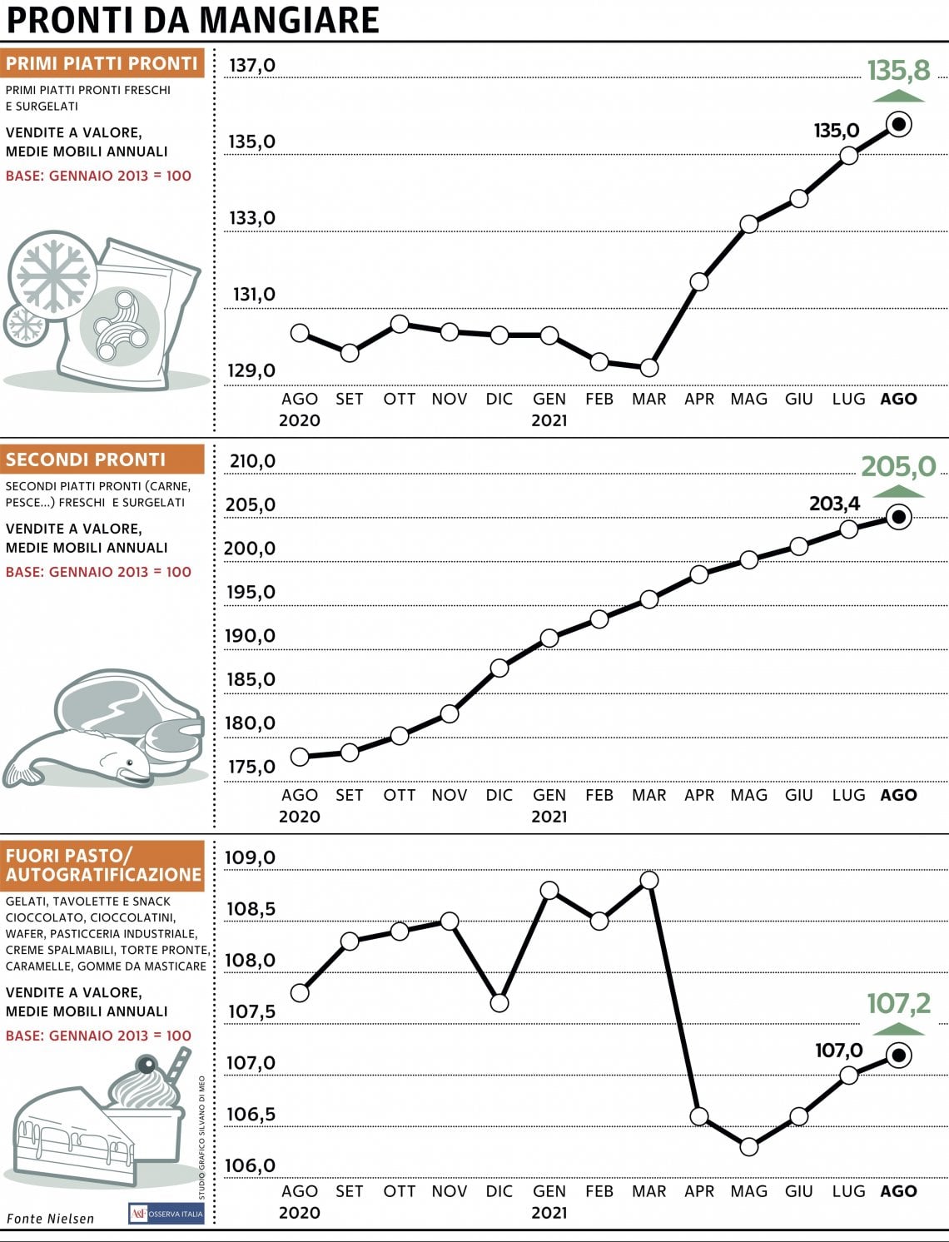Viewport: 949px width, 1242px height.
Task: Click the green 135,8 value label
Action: coord(898,71)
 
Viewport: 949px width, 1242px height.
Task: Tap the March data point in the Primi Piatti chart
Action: coord(649,368)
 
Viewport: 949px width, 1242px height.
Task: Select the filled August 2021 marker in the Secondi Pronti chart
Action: coord(898,517)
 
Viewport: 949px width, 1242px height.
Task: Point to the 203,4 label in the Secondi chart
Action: coord(834,503)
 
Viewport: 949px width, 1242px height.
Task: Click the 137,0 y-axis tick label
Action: coord(252,66)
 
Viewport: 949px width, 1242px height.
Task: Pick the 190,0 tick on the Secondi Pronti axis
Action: coord(251,635)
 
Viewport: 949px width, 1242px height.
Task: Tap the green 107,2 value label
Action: coord(898,1004)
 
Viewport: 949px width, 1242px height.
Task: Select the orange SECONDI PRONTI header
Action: coord(102,459)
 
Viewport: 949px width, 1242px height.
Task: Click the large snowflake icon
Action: coord(53,276)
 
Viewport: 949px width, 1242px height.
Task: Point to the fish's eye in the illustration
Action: coord(130,763)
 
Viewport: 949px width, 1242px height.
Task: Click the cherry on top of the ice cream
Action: coord(147,1065)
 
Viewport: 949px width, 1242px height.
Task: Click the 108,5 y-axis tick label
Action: coord(251,909)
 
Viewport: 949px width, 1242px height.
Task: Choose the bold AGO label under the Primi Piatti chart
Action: coord(898,399)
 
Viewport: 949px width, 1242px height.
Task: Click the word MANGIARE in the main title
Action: coord(289,20)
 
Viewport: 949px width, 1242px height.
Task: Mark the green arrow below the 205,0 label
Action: coord(898,491)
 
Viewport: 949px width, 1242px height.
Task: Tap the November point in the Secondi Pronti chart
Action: coord(450,713)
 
